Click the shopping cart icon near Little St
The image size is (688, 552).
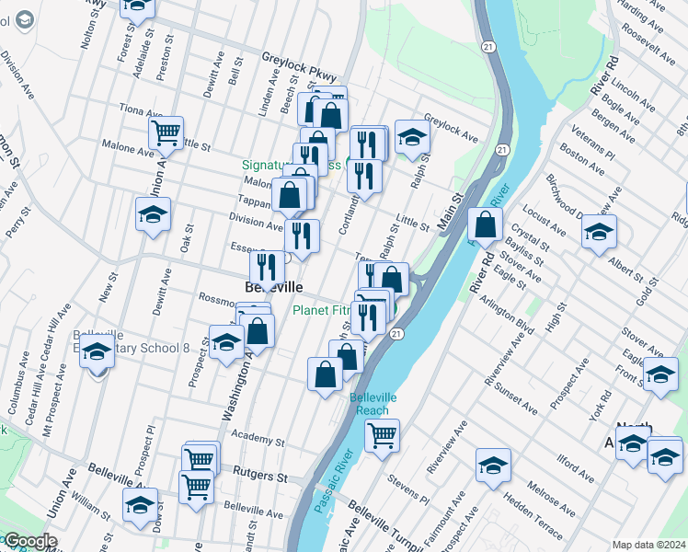(166, 132)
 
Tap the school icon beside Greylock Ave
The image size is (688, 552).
(413, 136)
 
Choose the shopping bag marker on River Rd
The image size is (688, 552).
(485, 224)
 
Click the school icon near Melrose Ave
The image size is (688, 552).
(494, 465)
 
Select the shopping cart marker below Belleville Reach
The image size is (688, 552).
(382, 434)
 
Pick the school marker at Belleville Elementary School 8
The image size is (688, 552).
(96, 351)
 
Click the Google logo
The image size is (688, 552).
(29, 541)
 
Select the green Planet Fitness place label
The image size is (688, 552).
(321, 311)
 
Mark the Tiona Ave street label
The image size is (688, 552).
(141, 110)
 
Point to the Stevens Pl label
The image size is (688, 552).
(407, 489)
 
